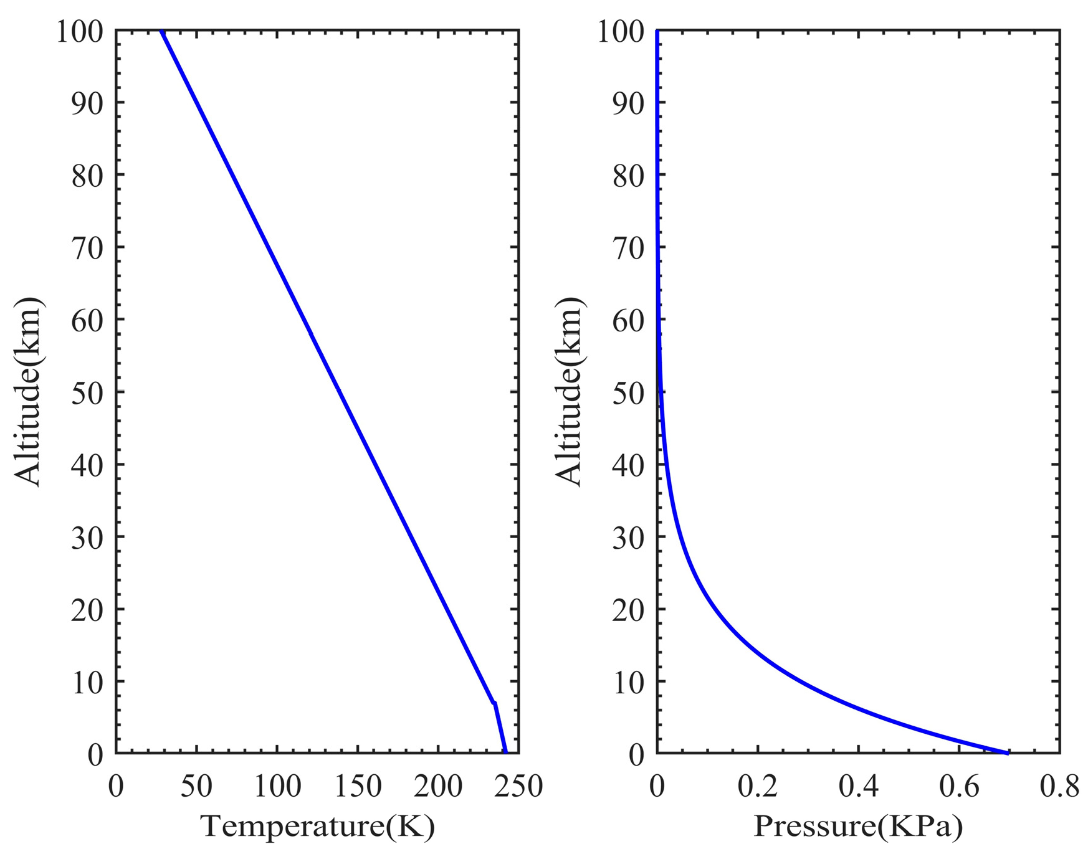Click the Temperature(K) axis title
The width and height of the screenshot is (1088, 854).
pos(317,827)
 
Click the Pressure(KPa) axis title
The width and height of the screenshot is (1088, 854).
pos(858,827)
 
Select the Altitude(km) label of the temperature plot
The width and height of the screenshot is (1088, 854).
pos(28,392)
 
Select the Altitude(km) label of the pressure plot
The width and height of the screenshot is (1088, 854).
pos(568,392)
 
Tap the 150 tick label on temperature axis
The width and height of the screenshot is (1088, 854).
pos(358,787)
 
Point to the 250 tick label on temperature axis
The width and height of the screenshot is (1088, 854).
pos(518,787)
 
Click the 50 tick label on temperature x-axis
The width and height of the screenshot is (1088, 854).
pos(196,787)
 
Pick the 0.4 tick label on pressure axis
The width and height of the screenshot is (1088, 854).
pos(858,787)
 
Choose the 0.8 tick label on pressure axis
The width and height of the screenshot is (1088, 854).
pos(1059,787)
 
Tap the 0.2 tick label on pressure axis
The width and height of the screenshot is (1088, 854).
pos(757,787)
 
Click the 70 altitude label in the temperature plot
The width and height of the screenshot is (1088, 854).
pos(87,248)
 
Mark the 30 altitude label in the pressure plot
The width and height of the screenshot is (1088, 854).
pos(628,538)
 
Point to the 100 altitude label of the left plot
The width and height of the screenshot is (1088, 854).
pos(80,31)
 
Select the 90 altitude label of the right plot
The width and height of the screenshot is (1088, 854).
pos(628,103)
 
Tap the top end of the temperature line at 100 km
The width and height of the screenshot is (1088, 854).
pos(162,31)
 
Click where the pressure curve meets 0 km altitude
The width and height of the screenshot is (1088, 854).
pos(1006,752)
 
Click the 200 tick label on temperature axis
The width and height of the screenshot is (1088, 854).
pos(438,787)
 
